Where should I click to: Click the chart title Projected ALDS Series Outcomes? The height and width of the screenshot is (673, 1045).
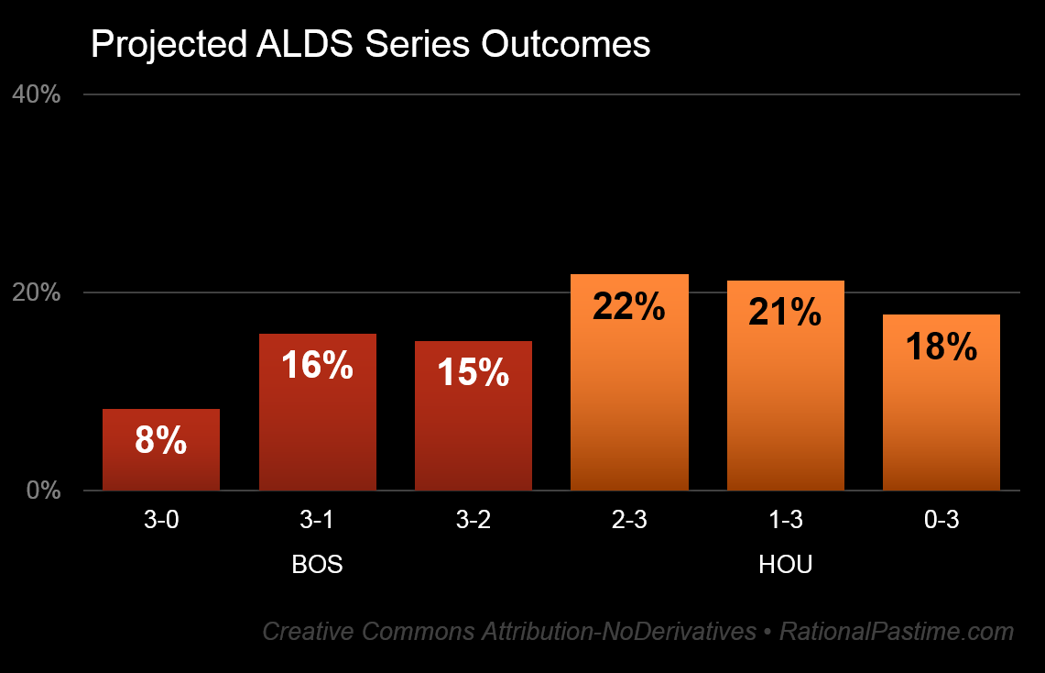coord(370,45)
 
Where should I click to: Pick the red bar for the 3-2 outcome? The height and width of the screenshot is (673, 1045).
coord(473,431)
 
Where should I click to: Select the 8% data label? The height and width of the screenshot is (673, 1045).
coord(161,441)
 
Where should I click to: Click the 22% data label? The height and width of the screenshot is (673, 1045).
coord(629,306)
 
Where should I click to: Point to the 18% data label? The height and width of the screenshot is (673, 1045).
coord(941,347)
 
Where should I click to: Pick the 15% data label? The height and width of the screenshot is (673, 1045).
coord(473,372)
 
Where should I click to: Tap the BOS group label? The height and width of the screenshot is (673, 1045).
coord(317,565)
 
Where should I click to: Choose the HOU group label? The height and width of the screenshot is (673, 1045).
coord(785,565)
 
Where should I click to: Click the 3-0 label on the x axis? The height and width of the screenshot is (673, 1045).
coord(161,521)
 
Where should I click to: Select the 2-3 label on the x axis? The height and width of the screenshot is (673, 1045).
coord(629,521)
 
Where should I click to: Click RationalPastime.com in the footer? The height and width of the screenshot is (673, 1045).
coord(897,632)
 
